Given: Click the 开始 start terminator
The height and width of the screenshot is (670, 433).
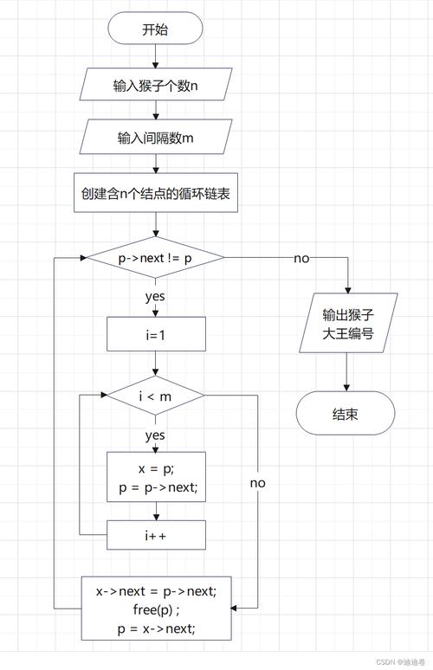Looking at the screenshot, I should [155, 29].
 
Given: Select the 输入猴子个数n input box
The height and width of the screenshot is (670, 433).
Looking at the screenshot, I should [155, 86].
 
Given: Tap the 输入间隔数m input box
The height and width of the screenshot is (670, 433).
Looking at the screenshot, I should [155, 138].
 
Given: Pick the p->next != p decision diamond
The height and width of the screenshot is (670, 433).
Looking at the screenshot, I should [155, 258].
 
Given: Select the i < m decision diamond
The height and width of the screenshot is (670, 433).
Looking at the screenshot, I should [155, 396].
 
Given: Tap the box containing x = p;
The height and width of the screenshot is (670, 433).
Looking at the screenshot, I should [156, 477].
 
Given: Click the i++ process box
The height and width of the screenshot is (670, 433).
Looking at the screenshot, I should [156, 536].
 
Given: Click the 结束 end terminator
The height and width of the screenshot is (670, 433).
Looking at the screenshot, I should [346, 414].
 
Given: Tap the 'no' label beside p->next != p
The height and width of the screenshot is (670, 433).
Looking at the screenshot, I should [301, 258].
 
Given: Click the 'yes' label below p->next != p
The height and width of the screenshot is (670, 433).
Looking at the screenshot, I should [155, 296].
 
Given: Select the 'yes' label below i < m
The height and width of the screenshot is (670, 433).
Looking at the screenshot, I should [155, 435].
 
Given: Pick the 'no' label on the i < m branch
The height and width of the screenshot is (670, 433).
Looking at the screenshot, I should [257, 482].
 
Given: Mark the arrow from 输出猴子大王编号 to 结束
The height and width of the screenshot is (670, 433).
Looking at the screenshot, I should [346, 373].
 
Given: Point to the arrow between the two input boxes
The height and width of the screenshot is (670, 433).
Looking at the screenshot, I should [155, 112].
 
